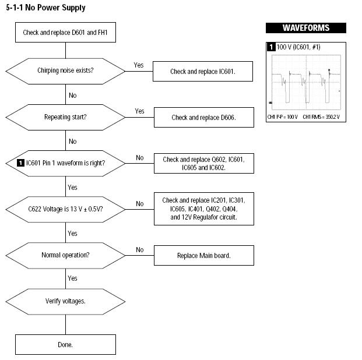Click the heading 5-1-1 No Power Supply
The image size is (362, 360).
pos(45,8)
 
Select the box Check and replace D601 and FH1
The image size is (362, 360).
pos(65,32)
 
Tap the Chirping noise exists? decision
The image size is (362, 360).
pos(65,71)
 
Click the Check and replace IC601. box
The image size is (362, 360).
pos(203,71)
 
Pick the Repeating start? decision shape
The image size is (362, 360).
pos(65,117)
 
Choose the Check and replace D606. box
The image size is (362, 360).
pos(204,117)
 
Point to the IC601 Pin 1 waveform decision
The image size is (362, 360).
pos(65,163)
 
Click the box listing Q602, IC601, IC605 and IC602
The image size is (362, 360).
pos(204,163)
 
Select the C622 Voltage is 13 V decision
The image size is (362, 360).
pos(65,209)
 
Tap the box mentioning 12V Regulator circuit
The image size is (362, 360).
pos(204,209)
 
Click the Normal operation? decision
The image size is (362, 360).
pos(65,256)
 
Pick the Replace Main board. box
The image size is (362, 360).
pos(204,256)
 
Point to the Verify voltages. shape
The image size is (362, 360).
pos(65,302)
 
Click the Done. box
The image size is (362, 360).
pos(65,344)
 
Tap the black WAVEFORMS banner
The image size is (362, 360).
pos(306,28)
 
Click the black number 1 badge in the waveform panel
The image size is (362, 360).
pos(271,47)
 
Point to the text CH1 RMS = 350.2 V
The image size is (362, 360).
pos(321,117)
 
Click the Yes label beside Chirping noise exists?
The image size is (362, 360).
pos(139,65)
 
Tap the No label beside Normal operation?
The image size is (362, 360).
pos(140,250)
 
